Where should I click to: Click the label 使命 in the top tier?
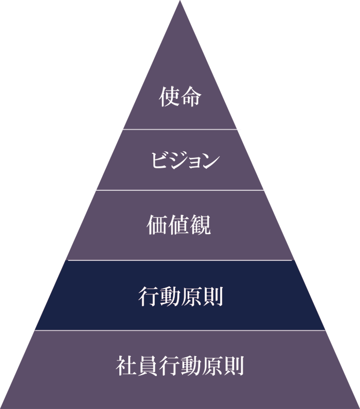pyautogui.click(x=180, y=96)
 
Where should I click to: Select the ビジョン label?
pyautogui.click(x=185, y=160)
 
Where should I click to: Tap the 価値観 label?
pyautogui.click(x=179, y=225)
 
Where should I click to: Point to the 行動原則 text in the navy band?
pyautogui.click(x=181, y=296)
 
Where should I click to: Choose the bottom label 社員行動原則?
pyautogui.click(x=180, y=365)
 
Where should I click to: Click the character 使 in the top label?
pyautogui.click(x=169, y=96)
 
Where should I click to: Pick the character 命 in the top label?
pyautogui.click(x=191, y=96)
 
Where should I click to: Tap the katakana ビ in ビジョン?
pyautogui.click(x=159, y=159)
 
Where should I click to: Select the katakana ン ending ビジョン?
pyautogui.click(x=210, y=161)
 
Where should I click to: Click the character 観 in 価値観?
pyautogui.click(x=200, y=225)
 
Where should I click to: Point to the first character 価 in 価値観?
pyautogui.click(x=157, y=225)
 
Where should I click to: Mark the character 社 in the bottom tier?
pyautogui.click(x=127, y=365)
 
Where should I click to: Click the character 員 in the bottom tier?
pyautogui.click(x=148, y=365)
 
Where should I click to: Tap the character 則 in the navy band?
pyautogui.click(x=213, y=296)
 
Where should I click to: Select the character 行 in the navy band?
pyautogui.click(x=148, y=296)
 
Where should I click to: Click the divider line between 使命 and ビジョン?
pyautogui.click(x=180, y=129)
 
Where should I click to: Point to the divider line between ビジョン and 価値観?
pyautogui.click(x=180, y=190)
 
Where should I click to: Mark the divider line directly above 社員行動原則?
pyautogui.click(x=180, y=330)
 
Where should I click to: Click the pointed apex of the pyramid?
pyautogui.click(x=180, y=1)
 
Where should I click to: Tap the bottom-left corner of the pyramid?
pyautogui.click(x=1, y=408)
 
